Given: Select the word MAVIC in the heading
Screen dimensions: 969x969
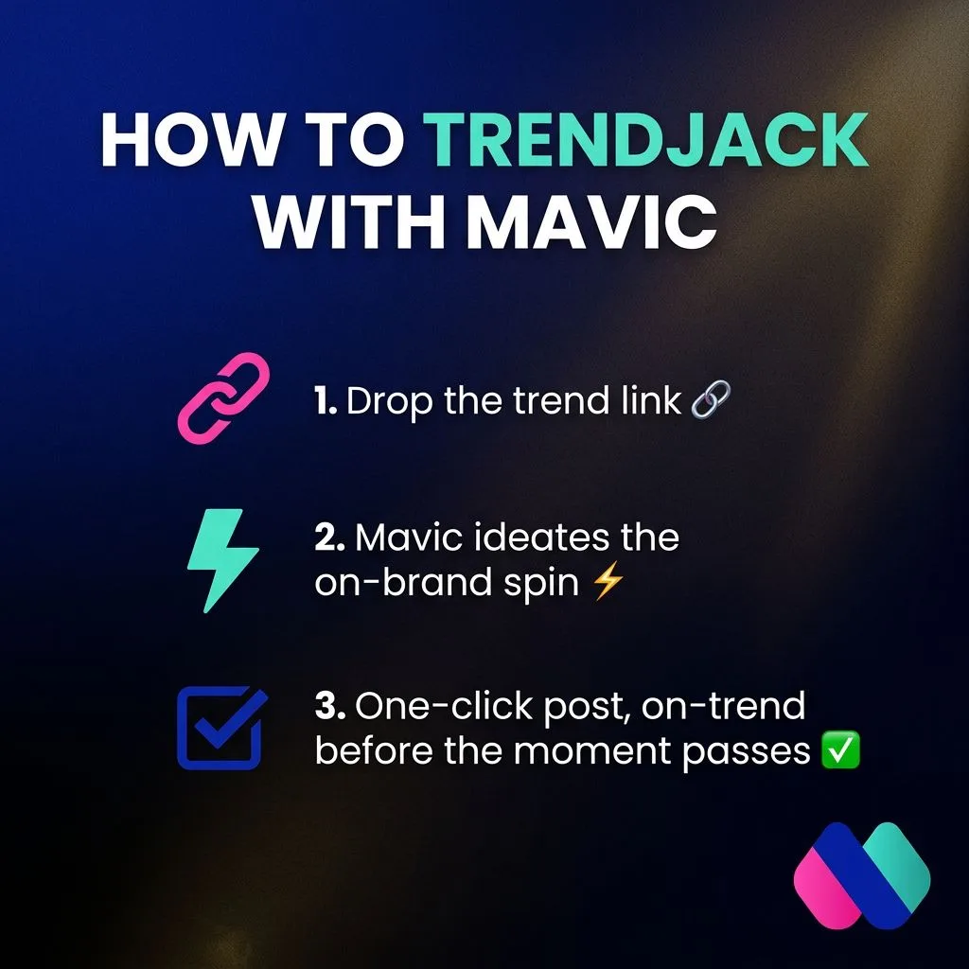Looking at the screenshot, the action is [592, 222].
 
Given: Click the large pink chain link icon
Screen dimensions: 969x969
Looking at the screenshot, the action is [223, 398].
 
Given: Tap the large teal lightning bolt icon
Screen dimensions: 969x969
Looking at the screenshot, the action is [222, 561].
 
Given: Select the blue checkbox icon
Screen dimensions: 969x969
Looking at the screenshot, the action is [221, 728].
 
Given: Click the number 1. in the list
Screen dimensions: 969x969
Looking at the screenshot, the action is [326, 400].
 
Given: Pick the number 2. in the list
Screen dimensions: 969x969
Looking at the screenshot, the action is [330, 537].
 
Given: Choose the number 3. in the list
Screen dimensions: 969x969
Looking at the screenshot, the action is [330, 705].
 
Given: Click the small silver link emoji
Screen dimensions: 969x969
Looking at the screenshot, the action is [711, 400].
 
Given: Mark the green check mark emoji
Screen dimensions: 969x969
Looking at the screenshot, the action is [840, 750].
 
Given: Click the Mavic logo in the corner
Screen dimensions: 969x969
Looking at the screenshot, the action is [862, 875].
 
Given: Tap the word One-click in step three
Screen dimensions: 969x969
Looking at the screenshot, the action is [444, 706].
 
